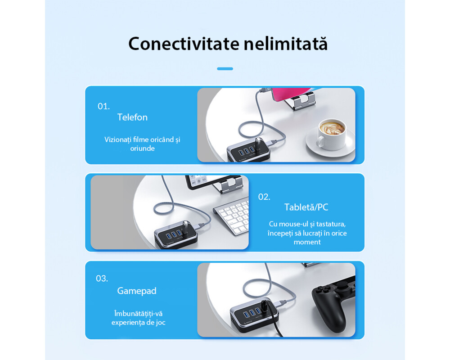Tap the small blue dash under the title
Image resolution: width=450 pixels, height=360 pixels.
click(225, 69)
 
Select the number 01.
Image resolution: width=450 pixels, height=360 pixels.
click(103, 107)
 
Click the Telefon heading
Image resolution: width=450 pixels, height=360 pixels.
click(132, 117)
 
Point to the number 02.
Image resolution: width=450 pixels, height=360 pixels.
click(264, 197)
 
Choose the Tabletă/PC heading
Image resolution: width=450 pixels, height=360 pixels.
click(306, 207)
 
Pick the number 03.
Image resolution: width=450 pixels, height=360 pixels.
click(102, 278)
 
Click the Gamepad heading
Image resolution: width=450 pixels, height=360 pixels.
click(137, 291)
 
